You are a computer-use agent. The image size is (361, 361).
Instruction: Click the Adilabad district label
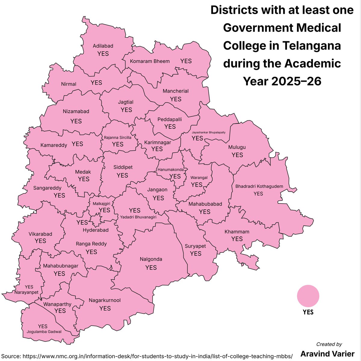coord(103,46)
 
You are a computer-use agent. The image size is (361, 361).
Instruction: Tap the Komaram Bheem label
coord(150,61)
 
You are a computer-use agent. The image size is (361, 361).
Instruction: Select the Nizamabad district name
coord(76,111)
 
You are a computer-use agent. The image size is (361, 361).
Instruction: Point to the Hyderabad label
coord(96,230)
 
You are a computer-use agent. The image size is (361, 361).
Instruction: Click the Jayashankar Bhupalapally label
coord(208,132)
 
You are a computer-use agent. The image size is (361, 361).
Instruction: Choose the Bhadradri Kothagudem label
coord(259,187)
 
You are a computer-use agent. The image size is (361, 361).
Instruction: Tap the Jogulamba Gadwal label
coord(44,332)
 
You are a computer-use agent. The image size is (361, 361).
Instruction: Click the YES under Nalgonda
coord(151,267)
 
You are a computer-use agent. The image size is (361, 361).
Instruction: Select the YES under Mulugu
coord(237,155)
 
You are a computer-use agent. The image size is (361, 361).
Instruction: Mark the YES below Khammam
coord(237,239)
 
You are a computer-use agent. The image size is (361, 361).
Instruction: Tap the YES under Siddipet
coord(122,175)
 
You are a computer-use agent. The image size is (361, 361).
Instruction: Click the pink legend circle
coord(308,296)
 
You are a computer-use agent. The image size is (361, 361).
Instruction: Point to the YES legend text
coord(308,312)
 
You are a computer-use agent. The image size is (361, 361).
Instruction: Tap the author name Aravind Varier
coord(327,353)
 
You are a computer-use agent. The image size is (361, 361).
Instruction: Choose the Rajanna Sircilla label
coord(118,137)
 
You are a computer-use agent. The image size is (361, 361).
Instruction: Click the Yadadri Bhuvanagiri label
coord(138,217)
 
